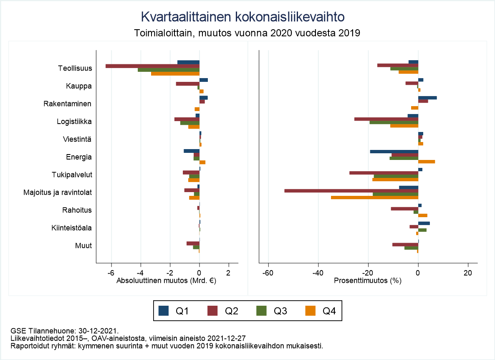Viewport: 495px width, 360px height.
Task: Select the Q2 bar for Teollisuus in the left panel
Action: [x=152, y=66]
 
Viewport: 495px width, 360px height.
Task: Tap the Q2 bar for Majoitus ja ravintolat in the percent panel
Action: [x=351, y=190]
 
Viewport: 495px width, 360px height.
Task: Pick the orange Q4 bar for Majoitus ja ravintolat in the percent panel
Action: [x=374, y=198]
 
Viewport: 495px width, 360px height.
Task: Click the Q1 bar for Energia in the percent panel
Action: [x=394, y=151]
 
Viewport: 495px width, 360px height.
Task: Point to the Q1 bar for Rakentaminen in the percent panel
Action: [x=427, y=98]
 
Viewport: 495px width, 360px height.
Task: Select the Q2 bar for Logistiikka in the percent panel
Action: [x=386, y=119]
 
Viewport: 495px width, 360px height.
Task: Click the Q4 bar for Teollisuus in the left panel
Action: [x=175, y=74]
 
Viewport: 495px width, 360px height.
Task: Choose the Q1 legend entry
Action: [x=175, y=311]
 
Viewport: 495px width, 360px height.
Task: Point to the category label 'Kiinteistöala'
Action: [x=72, y=228]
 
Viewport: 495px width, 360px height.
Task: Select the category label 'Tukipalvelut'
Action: [x=72, y=175]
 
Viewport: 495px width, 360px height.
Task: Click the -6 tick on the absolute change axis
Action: [x=111, y=273]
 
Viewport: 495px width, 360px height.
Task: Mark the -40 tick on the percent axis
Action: [x=318, y=273]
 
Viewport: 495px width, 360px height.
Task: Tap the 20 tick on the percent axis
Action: [x=468, y=273]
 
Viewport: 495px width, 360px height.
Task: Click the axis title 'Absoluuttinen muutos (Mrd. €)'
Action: [x=167, y=281]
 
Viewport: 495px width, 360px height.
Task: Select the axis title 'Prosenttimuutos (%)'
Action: [x=368, y=281]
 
